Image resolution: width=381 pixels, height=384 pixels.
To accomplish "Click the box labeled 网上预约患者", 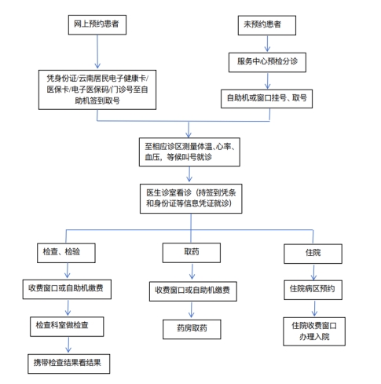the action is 97,24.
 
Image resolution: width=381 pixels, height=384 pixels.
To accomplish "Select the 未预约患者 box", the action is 267,25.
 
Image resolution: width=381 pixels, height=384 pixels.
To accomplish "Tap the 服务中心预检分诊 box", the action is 267,62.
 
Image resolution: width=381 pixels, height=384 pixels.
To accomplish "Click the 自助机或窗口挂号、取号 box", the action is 266,99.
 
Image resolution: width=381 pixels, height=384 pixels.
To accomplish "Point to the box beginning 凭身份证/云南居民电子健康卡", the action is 97,90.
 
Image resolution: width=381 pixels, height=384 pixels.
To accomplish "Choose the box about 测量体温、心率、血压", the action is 189,152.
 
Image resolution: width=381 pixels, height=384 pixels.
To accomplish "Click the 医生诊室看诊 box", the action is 191,199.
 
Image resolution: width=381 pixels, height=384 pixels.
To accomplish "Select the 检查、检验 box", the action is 66,253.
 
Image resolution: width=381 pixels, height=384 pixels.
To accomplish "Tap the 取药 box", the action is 192,253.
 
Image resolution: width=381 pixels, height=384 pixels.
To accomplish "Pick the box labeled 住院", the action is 313,254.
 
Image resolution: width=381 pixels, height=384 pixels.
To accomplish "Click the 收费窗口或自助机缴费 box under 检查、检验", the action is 67,289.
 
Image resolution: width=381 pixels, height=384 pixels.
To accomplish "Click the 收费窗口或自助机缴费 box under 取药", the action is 193,291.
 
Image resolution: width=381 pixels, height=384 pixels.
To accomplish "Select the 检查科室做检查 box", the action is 67,327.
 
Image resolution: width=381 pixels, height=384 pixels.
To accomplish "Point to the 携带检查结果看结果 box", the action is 68,364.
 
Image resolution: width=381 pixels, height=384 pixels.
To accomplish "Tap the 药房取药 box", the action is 192,329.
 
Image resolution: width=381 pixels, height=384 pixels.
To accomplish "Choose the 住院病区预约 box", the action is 313,290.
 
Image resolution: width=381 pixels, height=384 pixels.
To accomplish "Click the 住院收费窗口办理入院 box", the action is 314,331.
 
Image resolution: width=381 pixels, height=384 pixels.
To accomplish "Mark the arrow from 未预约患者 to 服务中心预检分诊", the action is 267,43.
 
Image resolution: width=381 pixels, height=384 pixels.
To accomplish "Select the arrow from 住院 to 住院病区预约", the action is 313,272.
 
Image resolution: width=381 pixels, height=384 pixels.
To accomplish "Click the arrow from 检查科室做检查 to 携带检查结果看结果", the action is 68,345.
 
